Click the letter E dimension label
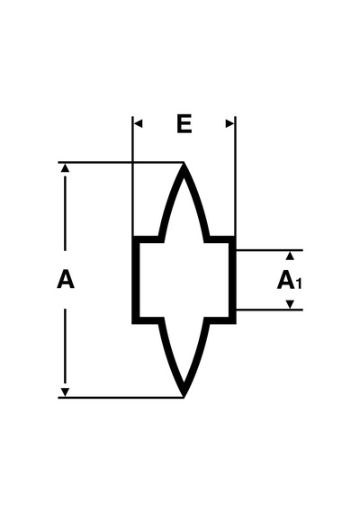[184, 123]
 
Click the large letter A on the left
[66, 279]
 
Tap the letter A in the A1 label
[285, 280]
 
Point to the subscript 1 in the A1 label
[299, 283]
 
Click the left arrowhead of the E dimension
[138, 123]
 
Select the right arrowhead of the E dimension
[230, 123]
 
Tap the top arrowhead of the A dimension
[66, 167]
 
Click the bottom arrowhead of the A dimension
[66, 392]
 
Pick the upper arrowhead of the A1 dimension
[290, 256]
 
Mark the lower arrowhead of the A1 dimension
[290, 304]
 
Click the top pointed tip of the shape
[184, 163]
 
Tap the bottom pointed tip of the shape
[184, 397]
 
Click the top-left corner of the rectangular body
[132, 236]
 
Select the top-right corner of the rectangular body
[236, 236]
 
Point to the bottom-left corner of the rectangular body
[132, 324]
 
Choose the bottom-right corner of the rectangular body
[236, 324]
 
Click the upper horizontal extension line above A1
[270, 250]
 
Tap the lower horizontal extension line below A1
[270, 310]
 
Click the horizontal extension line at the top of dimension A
[121, 162]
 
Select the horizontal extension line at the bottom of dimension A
[121, 398]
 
